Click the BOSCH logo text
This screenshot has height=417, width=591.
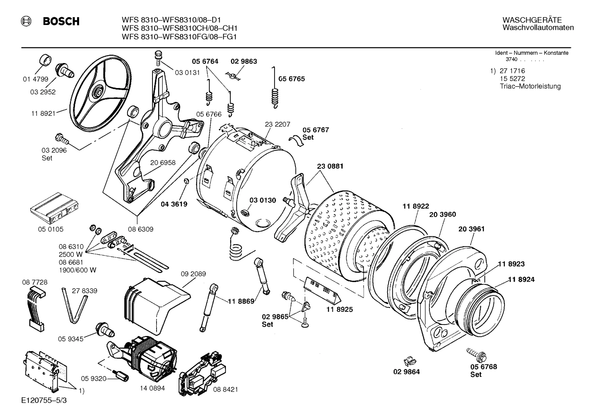(x=61, y=22)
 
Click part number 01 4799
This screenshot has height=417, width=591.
(x=35, y=79)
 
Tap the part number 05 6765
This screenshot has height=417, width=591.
(x=291, y=79)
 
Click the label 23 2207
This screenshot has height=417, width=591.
(x=277, y=124)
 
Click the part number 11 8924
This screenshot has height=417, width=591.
(x=521, y=280)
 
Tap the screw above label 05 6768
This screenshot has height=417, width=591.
(x=475, y=353)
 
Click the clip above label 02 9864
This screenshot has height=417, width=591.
(x=409, y=361)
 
